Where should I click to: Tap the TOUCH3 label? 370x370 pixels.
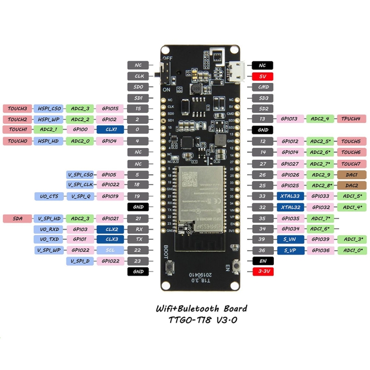(x=17, y=108)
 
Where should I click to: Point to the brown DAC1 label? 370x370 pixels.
(x=351, y=175)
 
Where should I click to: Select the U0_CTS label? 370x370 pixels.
(x=49, y=196)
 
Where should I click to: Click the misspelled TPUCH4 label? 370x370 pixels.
(x=351, y=119)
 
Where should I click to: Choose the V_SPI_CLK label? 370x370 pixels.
(x=80, y=185)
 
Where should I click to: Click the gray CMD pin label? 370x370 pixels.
(x=263, y=87)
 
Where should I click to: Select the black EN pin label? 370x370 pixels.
(x=263, y=260)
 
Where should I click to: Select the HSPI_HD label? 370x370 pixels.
(x=49, y=141)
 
